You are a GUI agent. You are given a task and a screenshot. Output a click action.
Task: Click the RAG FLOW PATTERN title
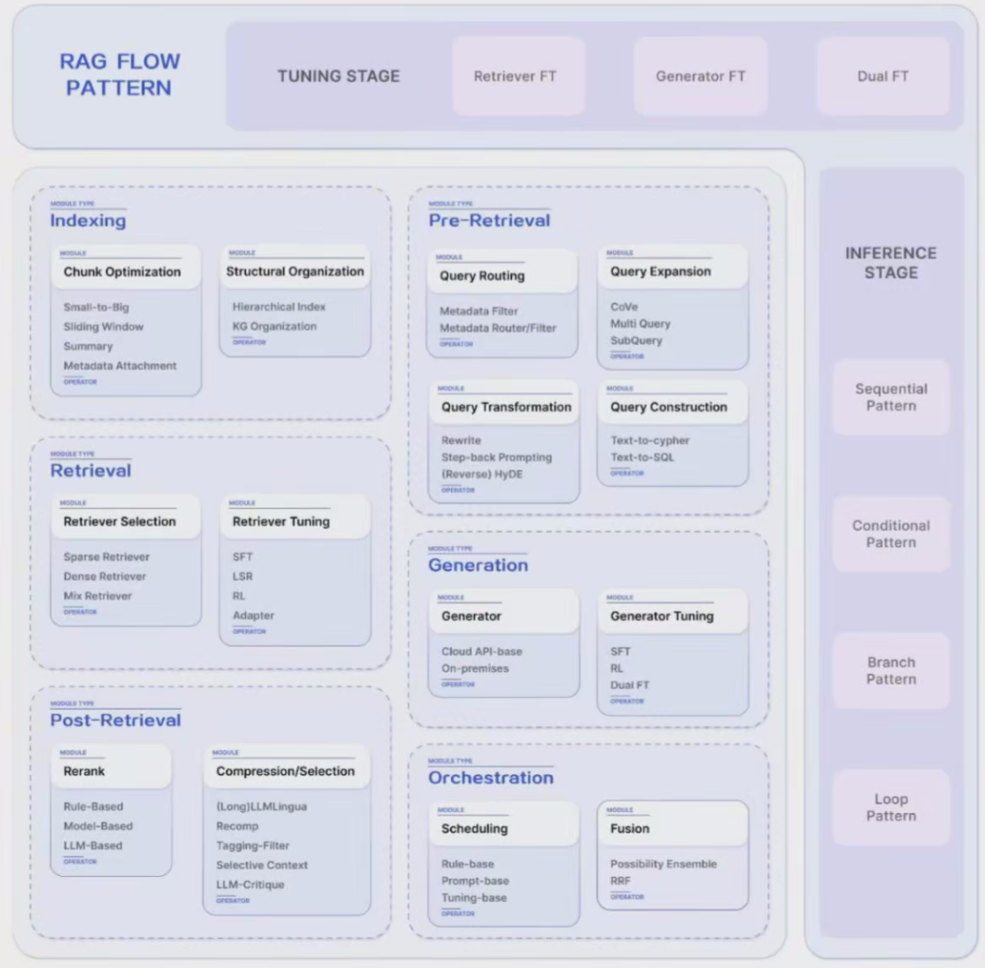point(119,74)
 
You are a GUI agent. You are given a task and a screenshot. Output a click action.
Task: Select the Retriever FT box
point(515,76)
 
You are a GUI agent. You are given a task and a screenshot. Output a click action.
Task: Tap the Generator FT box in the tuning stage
point(700,76)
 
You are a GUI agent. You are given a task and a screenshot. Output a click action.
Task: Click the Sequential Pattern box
point(890,397)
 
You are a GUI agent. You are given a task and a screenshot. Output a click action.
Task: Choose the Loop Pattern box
point(890,807)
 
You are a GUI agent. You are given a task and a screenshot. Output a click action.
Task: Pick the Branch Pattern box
point(890,670)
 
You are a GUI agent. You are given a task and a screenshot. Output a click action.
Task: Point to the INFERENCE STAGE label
point(890,263)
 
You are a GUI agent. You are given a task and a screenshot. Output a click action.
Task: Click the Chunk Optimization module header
point(122,272)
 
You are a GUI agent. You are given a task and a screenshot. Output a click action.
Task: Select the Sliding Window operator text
point(103,327)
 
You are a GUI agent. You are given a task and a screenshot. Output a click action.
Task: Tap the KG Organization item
point(274,326)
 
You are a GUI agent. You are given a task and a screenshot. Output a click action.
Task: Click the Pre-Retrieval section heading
point(489,221)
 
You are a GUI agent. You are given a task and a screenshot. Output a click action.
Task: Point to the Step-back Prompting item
point(496,457)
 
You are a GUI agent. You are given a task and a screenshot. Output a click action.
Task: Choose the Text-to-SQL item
point(642,457)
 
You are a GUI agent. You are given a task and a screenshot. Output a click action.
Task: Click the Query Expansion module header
point(660,272)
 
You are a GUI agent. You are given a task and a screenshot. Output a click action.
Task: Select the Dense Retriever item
point(104,576)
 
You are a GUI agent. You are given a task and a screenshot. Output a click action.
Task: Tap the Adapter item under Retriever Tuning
point(253,616)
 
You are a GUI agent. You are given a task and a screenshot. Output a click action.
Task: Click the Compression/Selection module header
point(285,771)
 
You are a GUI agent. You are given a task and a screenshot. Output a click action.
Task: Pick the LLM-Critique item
point(250,885)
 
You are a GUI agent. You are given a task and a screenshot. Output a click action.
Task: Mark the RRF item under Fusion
point(620,880)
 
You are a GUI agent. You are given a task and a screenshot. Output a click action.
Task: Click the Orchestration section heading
point(490,778)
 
